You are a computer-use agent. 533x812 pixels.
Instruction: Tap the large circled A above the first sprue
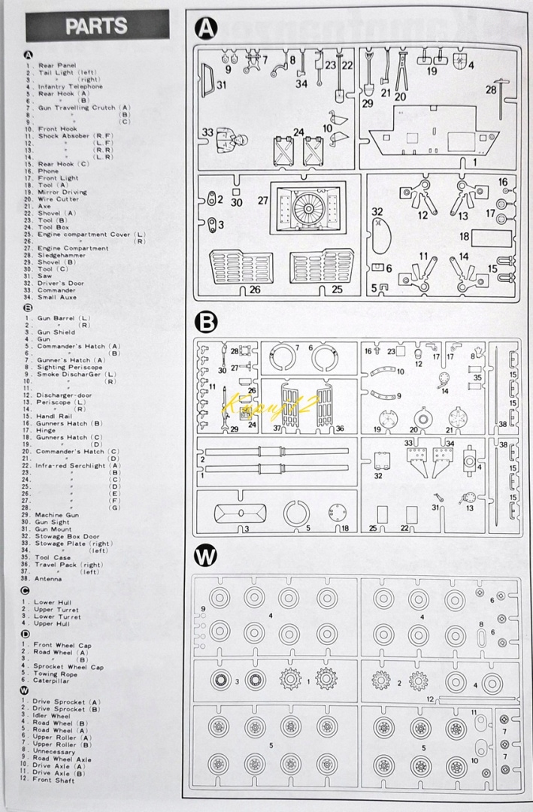click(x=206, y=29)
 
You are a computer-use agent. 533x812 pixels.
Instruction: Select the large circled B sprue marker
click(x=205, y=323)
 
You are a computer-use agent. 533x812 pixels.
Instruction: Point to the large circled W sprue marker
click(x=205, y=556)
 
